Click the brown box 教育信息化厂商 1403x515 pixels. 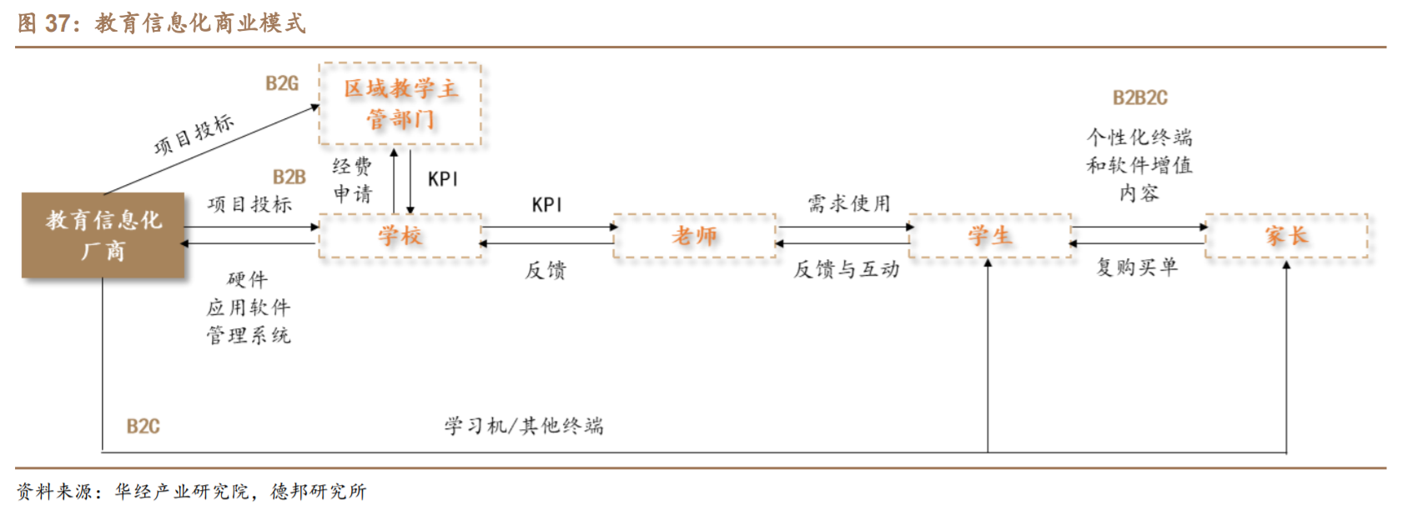coord(103,235)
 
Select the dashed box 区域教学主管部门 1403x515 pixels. coord(400,104)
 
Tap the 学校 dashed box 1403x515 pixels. coord(400,236)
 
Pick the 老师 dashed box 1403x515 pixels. coord(695,236)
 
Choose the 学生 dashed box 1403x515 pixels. coord(989,236)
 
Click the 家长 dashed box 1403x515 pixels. coord(1286,236)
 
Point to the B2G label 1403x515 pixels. coord(282,83)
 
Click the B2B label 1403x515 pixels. coord(289,177)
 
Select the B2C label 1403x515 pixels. coord(143,427)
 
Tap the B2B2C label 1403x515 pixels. coord(1139,97)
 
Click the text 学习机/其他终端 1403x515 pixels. coord(523,427)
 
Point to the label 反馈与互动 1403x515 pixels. coord(846,269)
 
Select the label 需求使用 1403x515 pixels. coord(849,203)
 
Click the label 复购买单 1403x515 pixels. coord(1137,267)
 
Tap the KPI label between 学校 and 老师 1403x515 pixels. coord(547,205)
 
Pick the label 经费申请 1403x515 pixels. coord(352,180)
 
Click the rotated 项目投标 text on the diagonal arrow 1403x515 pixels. coord(194,135)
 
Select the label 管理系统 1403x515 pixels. coord(249,336)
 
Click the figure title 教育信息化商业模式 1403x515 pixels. coord(200,22)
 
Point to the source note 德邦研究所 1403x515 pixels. coord(319,492)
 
